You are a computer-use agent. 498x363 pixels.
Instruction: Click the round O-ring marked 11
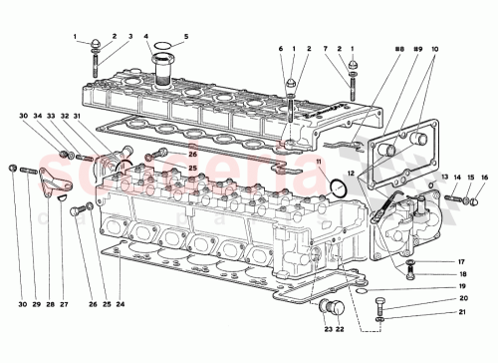pos(339,187)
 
